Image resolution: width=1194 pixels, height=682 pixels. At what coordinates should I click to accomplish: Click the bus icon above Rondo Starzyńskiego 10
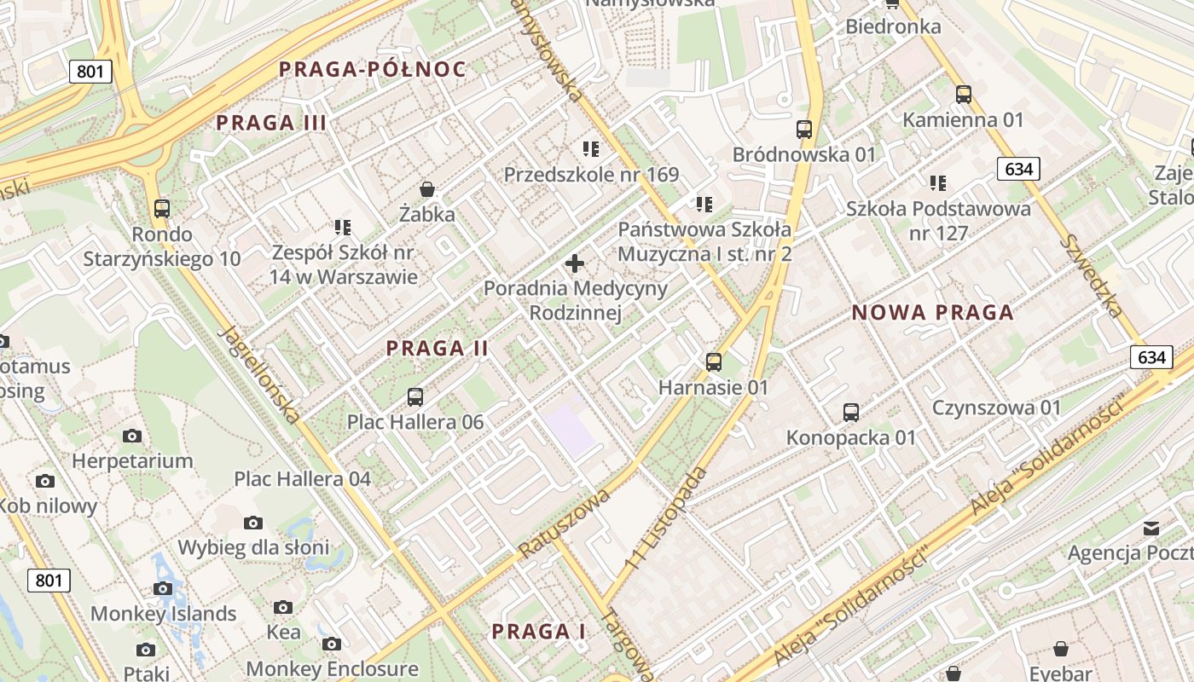[161, 208]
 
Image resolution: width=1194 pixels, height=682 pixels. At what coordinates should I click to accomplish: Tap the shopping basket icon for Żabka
[427, 189]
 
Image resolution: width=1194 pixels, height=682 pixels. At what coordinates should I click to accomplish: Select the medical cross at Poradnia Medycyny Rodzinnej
[575, 263]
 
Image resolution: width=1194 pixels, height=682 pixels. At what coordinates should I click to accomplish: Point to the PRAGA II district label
[437, 348]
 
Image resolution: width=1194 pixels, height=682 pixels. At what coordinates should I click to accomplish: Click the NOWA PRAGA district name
[933, 313]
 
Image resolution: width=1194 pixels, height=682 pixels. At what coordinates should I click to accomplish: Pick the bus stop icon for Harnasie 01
[714, 362]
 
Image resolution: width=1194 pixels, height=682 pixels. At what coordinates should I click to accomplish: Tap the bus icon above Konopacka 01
[850, 413]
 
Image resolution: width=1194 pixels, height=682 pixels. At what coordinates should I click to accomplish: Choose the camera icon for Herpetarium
[132, 436]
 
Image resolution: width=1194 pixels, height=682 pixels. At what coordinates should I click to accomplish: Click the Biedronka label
[893, 26]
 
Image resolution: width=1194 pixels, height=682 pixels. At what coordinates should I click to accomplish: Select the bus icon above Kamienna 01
[964, 95]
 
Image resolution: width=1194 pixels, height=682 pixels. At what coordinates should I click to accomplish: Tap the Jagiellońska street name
[259, 375]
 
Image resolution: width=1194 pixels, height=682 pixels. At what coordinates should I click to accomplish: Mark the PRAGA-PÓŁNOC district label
[373, 70]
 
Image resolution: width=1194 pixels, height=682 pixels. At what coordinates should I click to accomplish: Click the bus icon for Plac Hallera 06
[415, 396]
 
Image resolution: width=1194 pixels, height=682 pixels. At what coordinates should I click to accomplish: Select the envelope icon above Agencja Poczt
[1151, 529]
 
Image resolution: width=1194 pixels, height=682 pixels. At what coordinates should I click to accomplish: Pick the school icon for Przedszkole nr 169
[591, 149]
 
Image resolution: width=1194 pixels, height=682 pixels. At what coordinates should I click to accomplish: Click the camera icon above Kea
[283, 607]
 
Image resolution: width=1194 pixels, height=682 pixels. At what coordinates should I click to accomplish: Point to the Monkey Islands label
[163, 614]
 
